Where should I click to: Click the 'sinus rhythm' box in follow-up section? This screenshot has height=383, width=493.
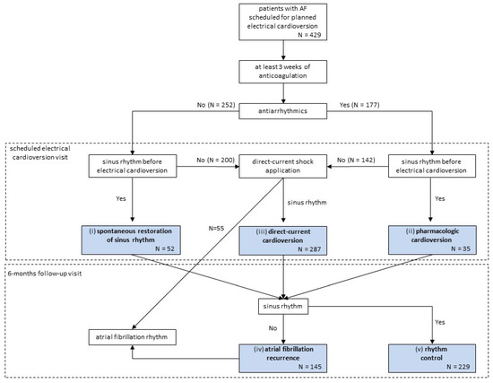284,306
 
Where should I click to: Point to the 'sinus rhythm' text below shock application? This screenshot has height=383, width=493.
313,202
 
